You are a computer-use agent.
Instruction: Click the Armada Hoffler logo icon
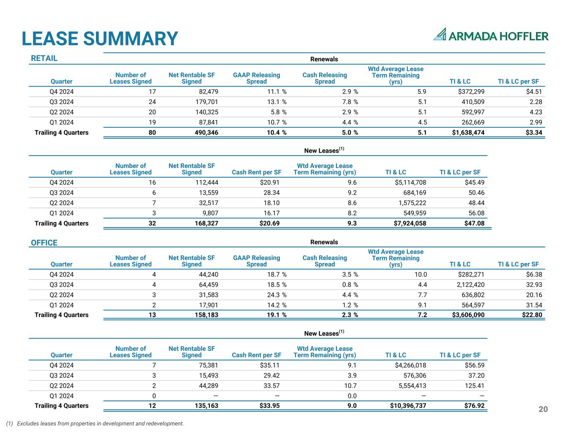click(x=440, y=34)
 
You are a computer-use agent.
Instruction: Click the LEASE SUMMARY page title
click(x=100, y=38)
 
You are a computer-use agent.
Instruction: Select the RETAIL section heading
click(x=44, y=58)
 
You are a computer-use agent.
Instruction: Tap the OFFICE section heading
click(x=44, y=242)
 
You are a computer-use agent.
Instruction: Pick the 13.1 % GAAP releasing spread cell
click(x=277, y=102)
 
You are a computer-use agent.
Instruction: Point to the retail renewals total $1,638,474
click(x=468, y=132)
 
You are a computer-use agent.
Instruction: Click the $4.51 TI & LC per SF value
click(x=534, y=91)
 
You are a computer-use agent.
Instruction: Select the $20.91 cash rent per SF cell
click(x=270, y=182)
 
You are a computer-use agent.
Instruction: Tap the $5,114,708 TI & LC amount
click(x=410, y=182)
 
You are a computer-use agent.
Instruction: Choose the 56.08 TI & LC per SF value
click(x=476, y=213)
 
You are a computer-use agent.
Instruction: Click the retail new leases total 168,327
click(x=206, y=223)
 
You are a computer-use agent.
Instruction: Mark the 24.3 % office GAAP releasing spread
click(x=277, y=295)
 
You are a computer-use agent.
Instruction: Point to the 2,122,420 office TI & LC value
click(x=470, y=285)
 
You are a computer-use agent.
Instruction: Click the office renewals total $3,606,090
click(x=468, y=315)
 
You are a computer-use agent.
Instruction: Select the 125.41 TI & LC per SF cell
click(x=474, y=385)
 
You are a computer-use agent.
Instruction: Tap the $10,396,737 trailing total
click(x=408, y=406)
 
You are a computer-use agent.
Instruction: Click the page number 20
click(x=543, y=409)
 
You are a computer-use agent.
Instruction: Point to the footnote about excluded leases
click(x=95, y=424)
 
